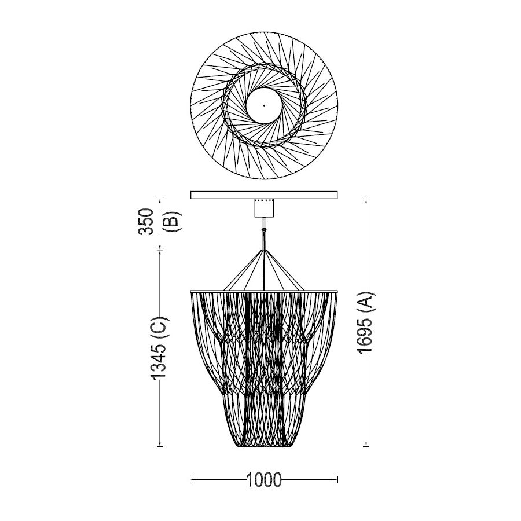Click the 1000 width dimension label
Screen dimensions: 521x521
pyautogui.click(x=264, y=479)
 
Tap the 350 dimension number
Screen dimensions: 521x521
pyautogui.click(x=146, y=222)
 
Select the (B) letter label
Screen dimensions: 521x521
pyautogui.click(x=173, y=222)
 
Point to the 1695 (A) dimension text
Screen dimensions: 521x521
pyautogui.click(x=366, y=322)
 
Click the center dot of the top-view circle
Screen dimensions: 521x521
pyautogui.click(x=264, y=106)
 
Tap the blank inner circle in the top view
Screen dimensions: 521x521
pyautogui.click(x=264, y=106)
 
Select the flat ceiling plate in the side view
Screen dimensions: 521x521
pyautogui.click(x=264, y=195)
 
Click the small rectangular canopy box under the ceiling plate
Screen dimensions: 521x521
pyautogui.click(x=264, y=208)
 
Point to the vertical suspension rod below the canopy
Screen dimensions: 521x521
pyautogui.click(x=264, y=233)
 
